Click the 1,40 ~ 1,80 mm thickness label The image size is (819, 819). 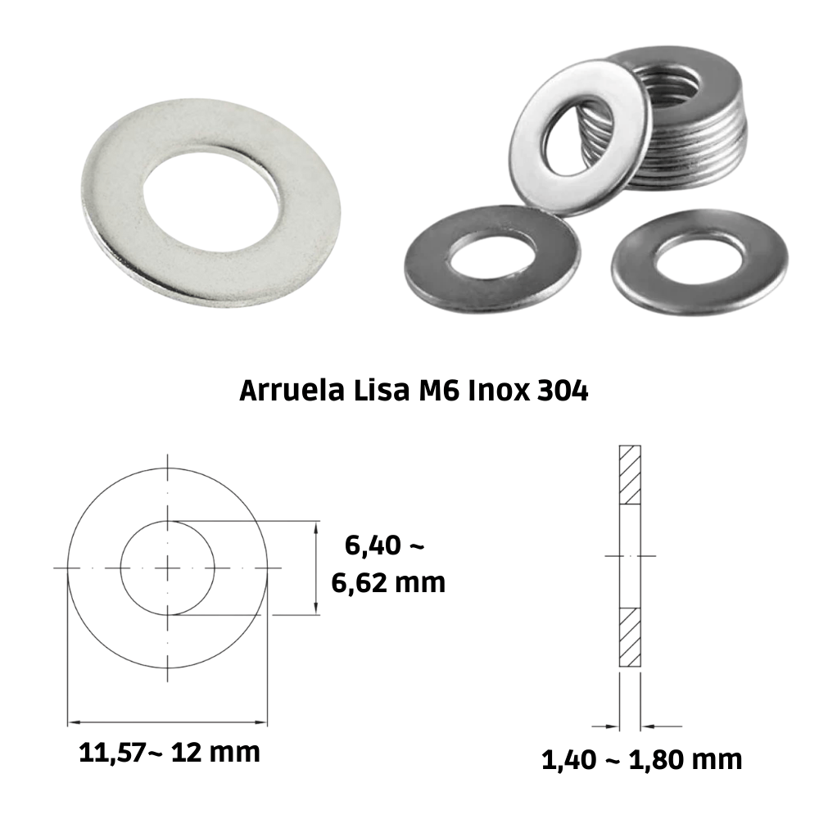[x=641, y=759]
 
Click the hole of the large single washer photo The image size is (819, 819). [x=212, y=193]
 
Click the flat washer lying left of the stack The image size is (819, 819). [x=491, y=256]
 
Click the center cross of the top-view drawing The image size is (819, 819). [x=168, y=568]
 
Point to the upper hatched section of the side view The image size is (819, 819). [x=630, y=475]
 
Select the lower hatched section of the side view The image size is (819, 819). [x=630, y=636]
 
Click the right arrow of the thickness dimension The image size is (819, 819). [x=649, y=726]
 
